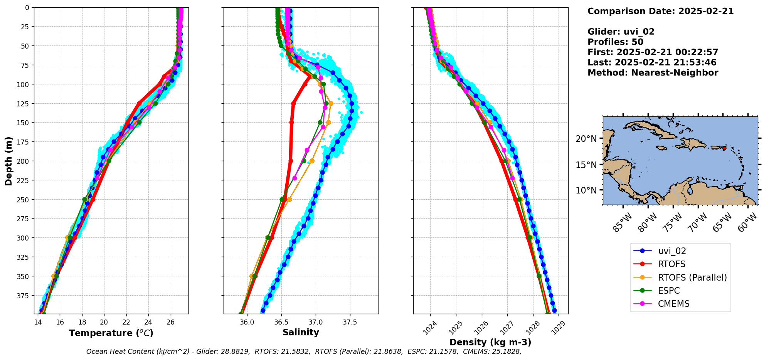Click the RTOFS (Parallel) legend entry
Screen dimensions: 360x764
692,278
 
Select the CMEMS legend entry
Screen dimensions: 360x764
673,304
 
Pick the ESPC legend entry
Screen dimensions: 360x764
669,291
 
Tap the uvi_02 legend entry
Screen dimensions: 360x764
672,251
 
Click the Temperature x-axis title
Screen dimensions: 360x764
111,333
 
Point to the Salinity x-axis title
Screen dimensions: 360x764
301,333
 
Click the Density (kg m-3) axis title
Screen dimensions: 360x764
490,342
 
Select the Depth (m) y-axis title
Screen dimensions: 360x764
9,161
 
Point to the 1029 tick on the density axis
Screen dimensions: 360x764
558,327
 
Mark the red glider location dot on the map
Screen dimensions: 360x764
724,148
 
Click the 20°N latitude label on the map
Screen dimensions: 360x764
586,139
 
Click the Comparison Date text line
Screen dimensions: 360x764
660,11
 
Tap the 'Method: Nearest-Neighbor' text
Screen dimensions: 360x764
653,73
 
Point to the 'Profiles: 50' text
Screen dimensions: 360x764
615,42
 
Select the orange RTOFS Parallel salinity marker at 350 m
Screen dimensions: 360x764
252,276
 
